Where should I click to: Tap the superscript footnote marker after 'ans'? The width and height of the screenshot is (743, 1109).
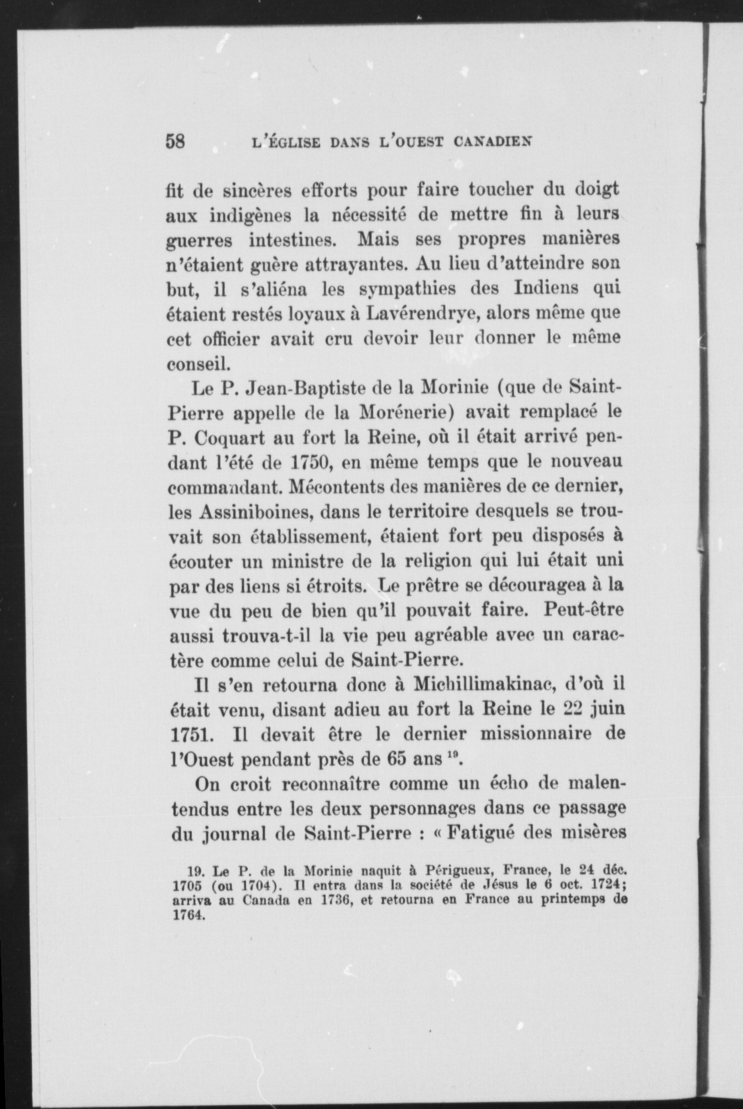(449, 756)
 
